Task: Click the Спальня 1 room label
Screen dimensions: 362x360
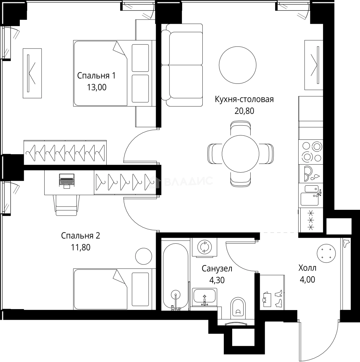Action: [x=96, y=76]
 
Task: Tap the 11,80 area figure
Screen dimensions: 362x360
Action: [x=81, y=248]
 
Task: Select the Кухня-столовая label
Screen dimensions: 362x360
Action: [x=244, y=100]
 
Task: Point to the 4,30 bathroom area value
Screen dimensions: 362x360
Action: [x=217, y=280]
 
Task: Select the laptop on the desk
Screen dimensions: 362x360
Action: [x=66, y=181]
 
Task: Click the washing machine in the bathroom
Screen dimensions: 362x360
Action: [x=204, y=247]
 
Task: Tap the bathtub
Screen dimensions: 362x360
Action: [x=175, y=275]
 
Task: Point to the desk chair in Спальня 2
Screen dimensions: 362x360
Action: [x=67, y=204]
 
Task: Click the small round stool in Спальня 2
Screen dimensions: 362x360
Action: [x=143, y=256]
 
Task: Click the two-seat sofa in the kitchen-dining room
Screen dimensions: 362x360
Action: [x=182, y=65]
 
